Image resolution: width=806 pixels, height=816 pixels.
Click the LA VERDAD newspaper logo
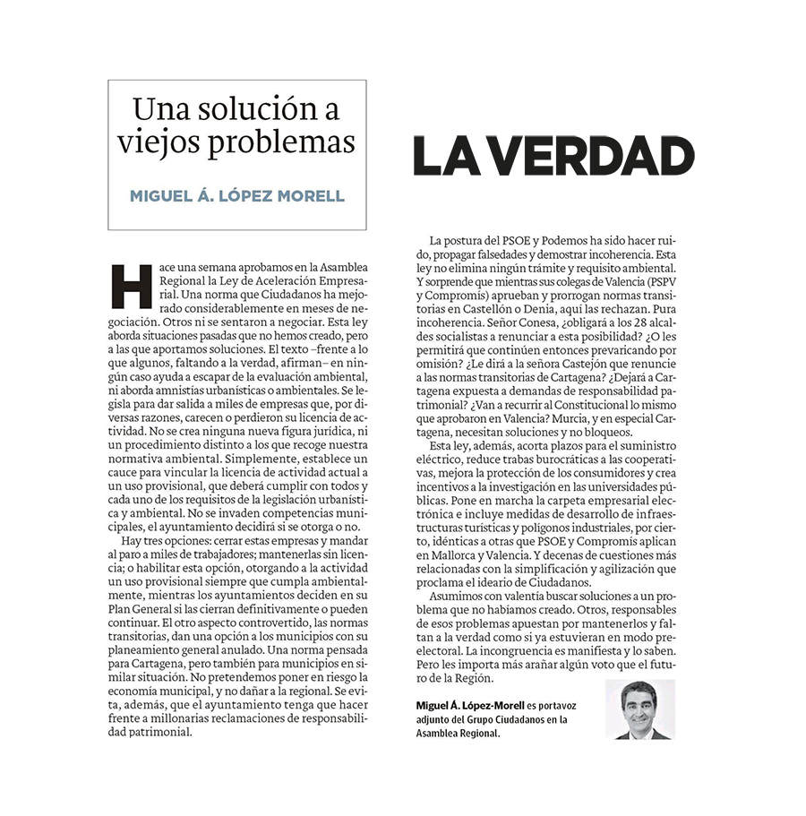click(x=553, y=156)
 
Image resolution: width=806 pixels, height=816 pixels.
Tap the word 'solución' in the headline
click(x=253, y=110)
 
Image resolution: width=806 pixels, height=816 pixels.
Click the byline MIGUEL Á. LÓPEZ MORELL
click(x=236, y=195)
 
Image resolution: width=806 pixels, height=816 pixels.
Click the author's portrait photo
click(x=639, y=709)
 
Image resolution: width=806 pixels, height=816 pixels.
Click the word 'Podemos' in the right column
click(x=561, y=242)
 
